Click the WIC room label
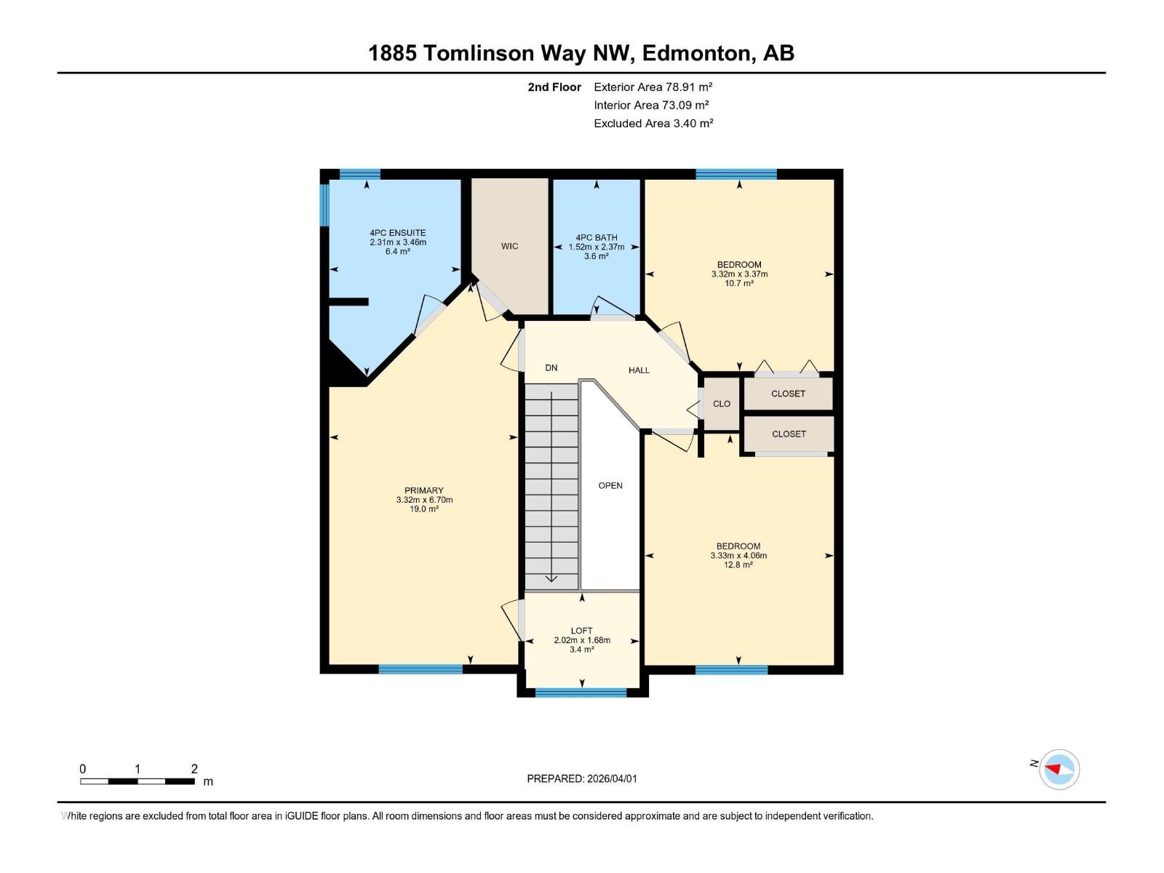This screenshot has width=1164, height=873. pyautogui.click(x=509, y=247)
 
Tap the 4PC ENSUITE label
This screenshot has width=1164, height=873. pyautogui.click(x=397, y=233)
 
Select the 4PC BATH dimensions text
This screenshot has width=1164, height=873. pyautogui.click(x=596, y=247)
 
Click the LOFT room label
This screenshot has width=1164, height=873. pyautogui.click(x=581, y=631)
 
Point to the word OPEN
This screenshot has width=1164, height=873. pyautogui.click(x=610, y=485)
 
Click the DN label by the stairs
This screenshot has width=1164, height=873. pyautogui.click(x=551, y=368)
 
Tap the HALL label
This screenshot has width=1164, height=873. pyautogui.click(x=639, y=370)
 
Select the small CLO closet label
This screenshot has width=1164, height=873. pyautogui.click(x=721, y=404)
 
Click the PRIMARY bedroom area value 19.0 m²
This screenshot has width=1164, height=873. pyautogui.click(x=424, y=509)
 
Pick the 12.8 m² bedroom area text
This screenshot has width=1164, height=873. pyautogui.click(x=738, y=565)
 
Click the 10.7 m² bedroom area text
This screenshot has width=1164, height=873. pyautogui.click(x=739, y=283)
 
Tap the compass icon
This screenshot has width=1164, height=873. pyautogui.click(x=1059, y=769)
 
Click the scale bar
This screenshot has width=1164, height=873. pyautogui.click(x=137, y=781)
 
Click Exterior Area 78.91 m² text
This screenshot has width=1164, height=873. pyautogui.click(x=653, y=87)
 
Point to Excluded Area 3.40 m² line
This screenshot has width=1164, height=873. pyautogui.click(x=653, y=123)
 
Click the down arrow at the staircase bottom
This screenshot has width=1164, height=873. pyautogui.click(x=551, y=578)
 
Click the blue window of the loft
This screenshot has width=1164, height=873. pyautogui.click(x=581, y=693)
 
